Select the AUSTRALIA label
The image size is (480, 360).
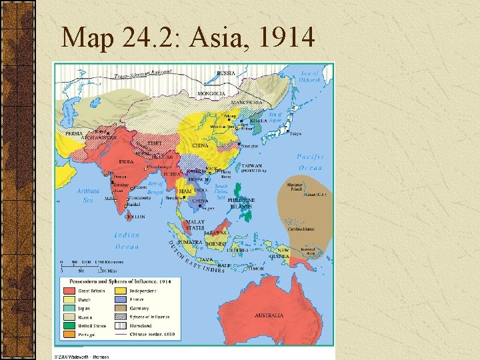click(x=269, y=315)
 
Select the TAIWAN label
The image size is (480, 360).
click(x=252, y=165)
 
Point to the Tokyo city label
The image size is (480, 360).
click(x=295, y=133)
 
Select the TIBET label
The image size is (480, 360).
click(x=154, y=143)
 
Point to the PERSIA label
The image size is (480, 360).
click(x=74, y=133)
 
